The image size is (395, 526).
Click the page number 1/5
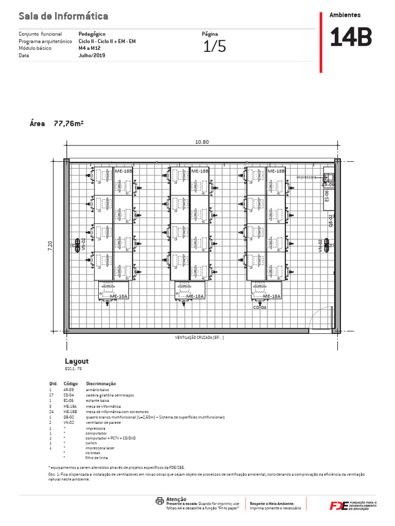(x=214, y=47)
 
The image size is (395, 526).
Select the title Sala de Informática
(x=63, y=17)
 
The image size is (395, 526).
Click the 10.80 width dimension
(x=202, y=142)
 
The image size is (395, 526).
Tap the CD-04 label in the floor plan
(x=259, y=307)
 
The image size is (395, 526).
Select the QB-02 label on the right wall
(x=331, y=220)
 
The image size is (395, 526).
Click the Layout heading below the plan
(x=77, y=361)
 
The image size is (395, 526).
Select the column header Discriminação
(x=101, y=384)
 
